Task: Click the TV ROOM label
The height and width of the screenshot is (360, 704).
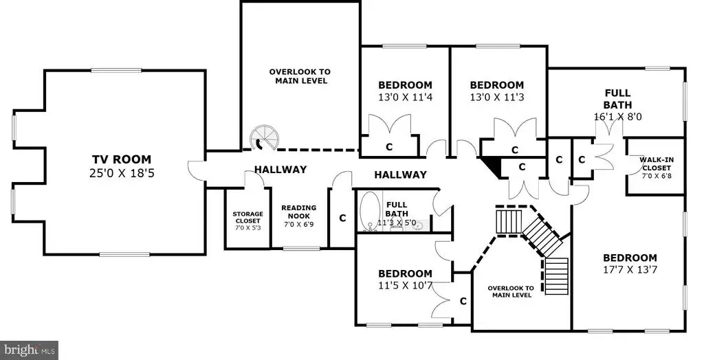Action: coord(122,159)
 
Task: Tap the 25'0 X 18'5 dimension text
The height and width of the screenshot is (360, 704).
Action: coord(122,173)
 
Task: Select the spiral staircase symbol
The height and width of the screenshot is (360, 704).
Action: coord(264,137)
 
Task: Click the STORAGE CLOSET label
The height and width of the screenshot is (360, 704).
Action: coord(247,217)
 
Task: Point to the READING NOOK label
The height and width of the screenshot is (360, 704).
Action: coord(299,212)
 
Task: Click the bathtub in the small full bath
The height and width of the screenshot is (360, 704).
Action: coord(370,210)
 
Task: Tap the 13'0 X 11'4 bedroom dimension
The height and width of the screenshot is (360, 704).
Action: coord(405,97)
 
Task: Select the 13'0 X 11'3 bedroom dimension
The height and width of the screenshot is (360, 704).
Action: coord(496,97)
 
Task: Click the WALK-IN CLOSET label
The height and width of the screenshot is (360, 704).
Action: coord(657,164)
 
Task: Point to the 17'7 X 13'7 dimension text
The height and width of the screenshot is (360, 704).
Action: coord(630,270)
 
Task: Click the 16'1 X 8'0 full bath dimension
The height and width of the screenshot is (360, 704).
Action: coord(618,116)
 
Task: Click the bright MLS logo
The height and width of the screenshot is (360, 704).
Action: coord(29,350)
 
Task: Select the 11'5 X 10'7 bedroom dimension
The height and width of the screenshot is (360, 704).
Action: coord(405,286)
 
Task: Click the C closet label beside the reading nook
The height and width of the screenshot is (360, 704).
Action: coord(342,218)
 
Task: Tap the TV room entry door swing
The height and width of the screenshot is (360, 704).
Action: coord(196,170)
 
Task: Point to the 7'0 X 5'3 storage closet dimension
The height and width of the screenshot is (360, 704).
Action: coord(247,227)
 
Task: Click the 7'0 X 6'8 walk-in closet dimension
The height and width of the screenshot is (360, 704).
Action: coord(656,175)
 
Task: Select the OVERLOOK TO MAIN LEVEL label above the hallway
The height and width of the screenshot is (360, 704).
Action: coord(300,76)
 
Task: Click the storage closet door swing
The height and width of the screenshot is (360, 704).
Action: coord(254,179)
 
